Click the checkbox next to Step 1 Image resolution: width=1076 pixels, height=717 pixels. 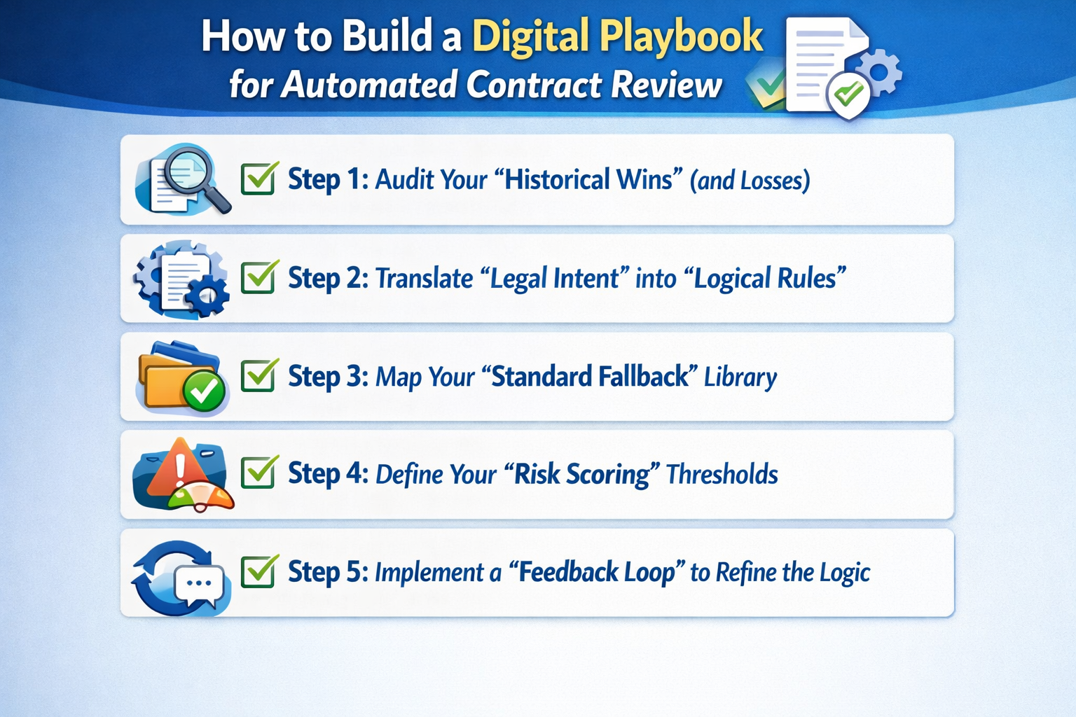tap(258, 179)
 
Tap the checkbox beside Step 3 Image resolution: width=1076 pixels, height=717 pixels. tap(258, 376)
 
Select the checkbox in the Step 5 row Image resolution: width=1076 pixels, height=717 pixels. tap(258, 571)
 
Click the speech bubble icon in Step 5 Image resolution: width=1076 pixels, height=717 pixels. tap(200, 585)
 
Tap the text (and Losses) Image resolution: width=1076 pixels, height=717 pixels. tap(750, 181)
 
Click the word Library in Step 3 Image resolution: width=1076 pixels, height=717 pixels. tap(740, 377)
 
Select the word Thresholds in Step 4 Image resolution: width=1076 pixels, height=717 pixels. tap(722, 475)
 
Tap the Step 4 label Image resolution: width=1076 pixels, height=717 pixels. tap(327, 474)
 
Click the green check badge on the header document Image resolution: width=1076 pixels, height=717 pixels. tap(848, 92)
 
